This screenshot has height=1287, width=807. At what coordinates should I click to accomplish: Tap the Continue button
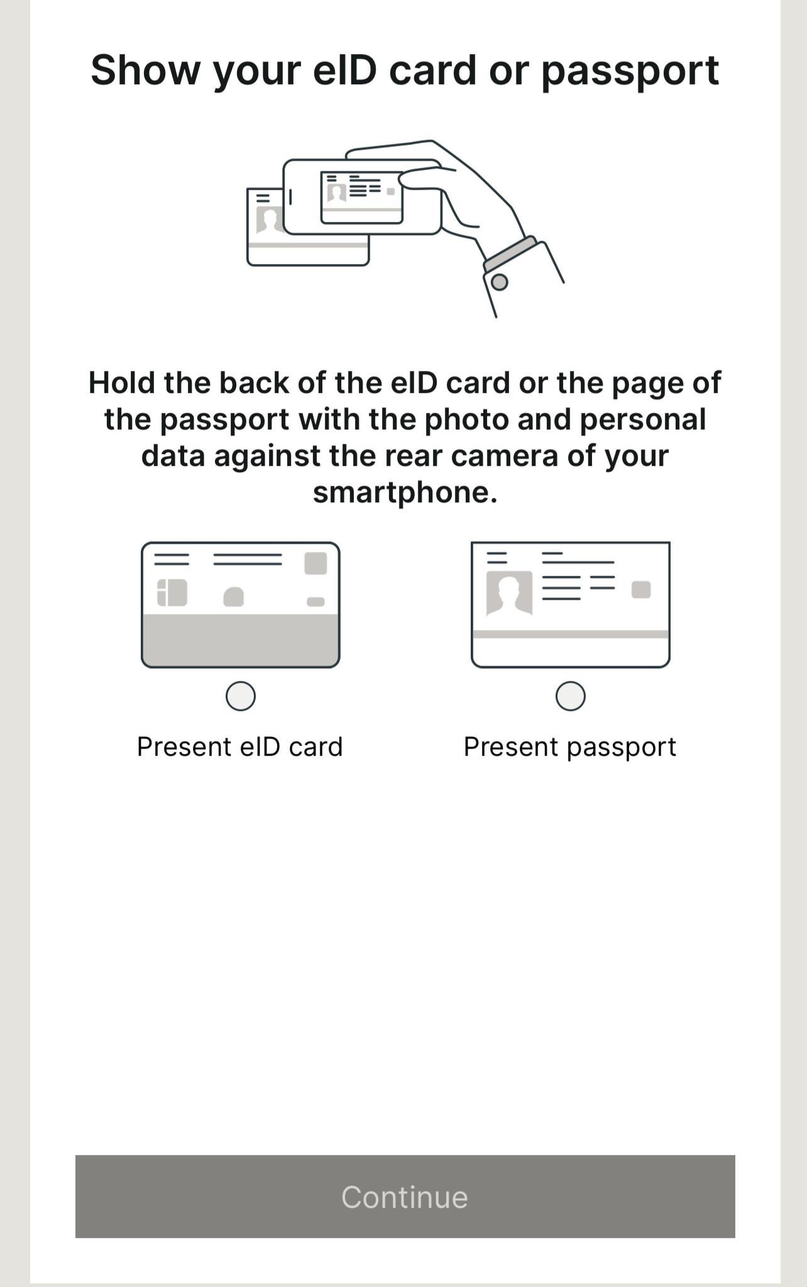click(405, 1196)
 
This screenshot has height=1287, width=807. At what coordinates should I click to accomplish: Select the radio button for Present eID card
click(240, 696)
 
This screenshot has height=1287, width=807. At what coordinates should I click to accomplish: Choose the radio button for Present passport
click(571, 696)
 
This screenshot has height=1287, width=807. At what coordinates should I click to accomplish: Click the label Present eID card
click(240, 747)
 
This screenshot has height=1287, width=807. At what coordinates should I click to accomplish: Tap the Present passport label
click(570, 748)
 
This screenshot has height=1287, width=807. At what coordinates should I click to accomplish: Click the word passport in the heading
click(630, 71)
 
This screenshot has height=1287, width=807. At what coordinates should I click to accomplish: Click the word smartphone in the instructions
click(405, 493)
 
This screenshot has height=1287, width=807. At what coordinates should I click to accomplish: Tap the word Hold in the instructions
click(122, 383)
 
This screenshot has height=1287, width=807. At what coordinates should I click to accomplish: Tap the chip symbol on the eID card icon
click(172, 592)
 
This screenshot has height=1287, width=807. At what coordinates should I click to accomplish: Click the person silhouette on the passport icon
click(509, 593)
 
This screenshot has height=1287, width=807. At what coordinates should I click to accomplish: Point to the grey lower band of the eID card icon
click(241, 640)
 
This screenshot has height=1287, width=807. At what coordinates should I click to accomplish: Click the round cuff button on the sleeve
click(499, 282)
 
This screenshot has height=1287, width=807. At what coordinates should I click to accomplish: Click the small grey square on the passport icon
click(641, 590)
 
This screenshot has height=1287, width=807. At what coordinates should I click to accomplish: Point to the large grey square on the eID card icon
click(316, 563)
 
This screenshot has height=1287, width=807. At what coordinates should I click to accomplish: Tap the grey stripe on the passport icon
click(571, 634)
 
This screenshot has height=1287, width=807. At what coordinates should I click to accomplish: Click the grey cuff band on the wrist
click(510, 254)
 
